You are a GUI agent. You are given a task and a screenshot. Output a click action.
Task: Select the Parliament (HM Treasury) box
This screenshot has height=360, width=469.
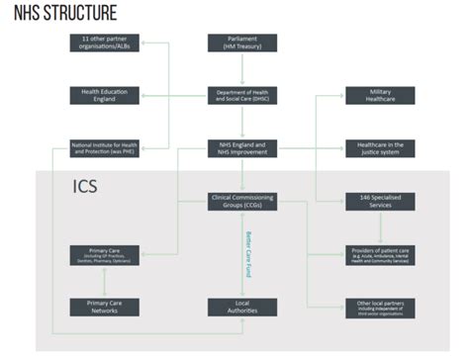click(x=242, y=43)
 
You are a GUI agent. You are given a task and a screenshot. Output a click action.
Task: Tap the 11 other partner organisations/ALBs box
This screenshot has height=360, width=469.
click(x=104, y=43)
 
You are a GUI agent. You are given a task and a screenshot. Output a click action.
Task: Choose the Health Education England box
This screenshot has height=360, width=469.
click(x=104, y=95)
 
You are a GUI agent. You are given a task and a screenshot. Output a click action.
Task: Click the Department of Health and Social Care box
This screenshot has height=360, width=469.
click(x=242, y=95)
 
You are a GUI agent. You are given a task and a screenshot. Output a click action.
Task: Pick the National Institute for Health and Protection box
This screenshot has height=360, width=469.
click(x=104, y=147)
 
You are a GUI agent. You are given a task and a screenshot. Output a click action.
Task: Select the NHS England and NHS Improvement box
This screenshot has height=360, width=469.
click(x=242, y=147)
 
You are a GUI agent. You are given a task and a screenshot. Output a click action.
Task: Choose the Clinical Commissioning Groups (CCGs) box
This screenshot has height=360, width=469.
click(x=242, y=200)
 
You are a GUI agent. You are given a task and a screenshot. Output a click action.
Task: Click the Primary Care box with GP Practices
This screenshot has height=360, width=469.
click(x=104, y=253)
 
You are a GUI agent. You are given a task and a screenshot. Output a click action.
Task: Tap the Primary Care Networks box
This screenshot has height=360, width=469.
click(x=104, y=307)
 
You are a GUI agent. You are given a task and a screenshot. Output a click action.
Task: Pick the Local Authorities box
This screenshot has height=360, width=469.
click(x=242, y=307)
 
